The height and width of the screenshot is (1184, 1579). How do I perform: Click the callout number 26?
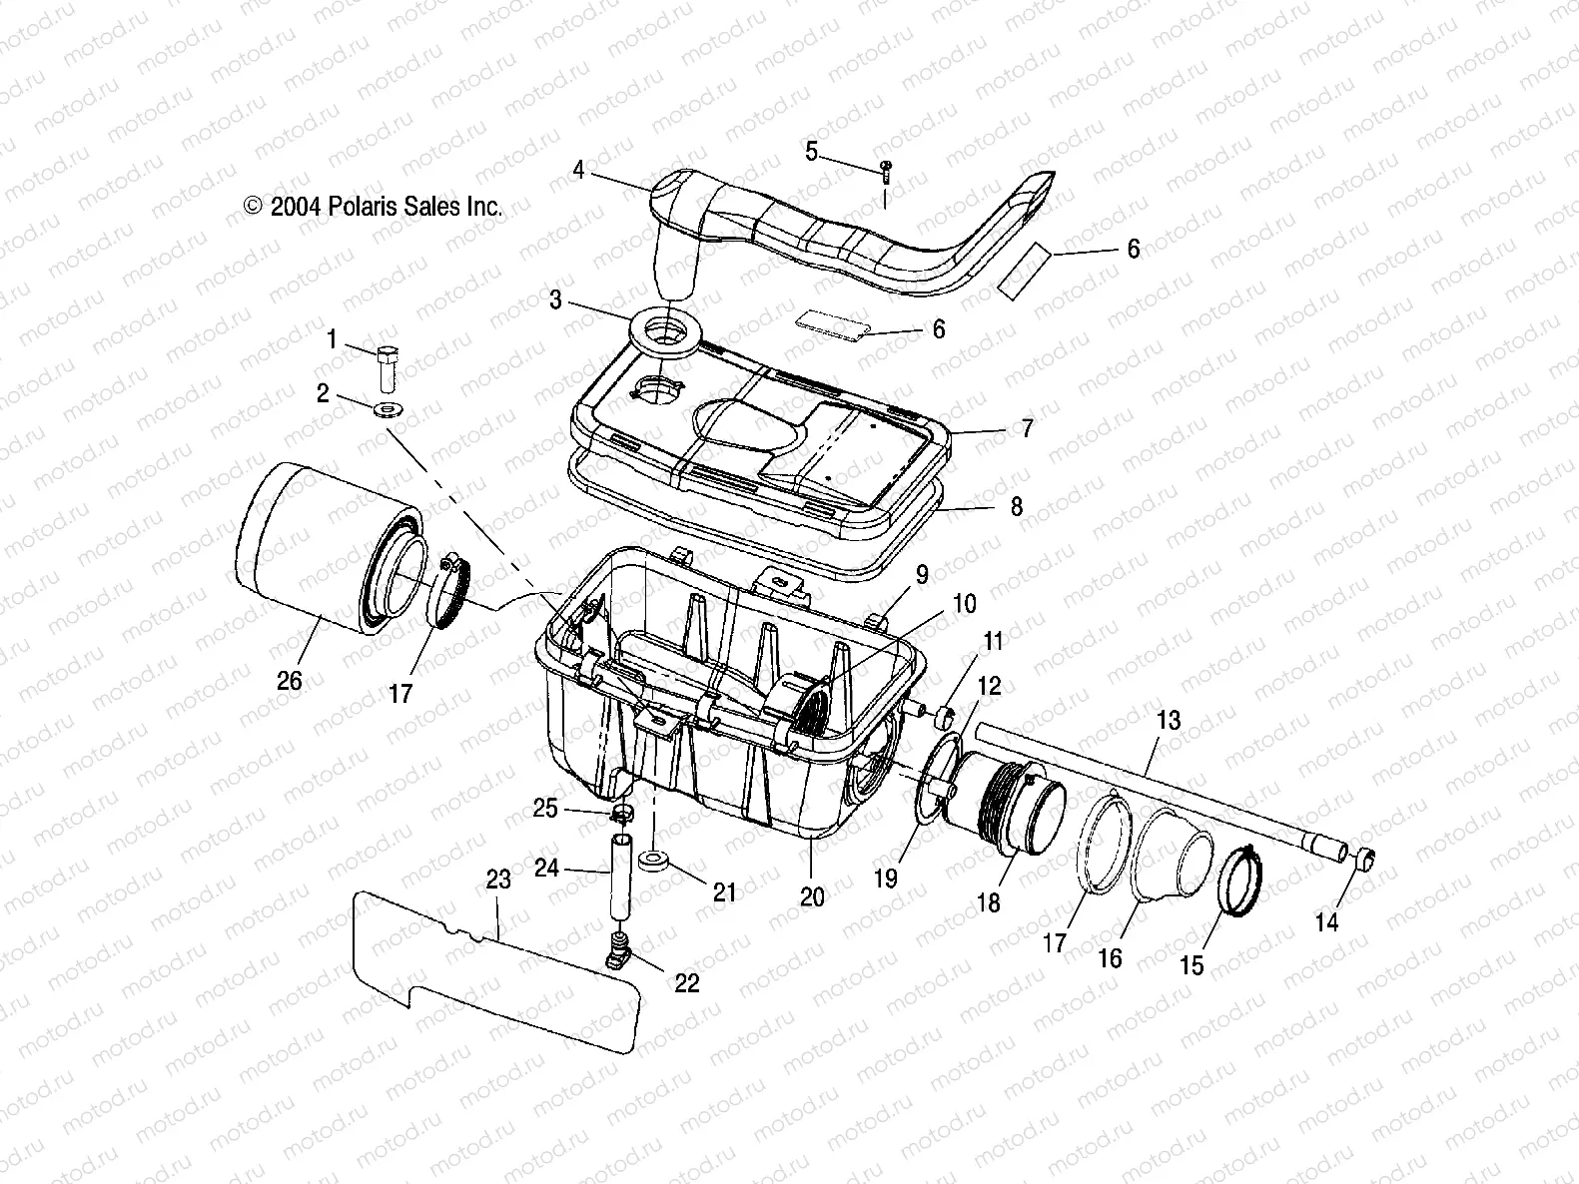(x=289, y=681)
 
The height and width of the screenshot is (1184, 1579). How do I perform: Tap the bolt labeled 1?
(x=389, y=369)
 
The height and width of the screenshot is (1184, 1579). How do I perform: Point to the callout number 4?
(x=578, y=170)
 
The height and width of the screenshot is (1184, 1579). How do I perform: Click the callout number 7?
(x=1027, y=429)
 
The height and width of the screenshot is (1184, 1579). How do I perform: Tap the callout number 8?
(x=1016, y=507)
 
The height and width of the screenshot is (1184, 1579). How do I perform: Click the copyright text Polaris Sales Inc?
(x=373, y=207)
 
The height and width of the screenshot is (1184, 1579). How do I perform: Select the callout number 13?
(x=1168, y=720)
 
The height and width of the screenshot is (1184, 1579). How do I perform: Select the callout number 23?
(x=497, y=880)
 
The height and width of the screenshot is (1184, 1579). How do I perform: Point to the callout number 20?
(x=812, y=896)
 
